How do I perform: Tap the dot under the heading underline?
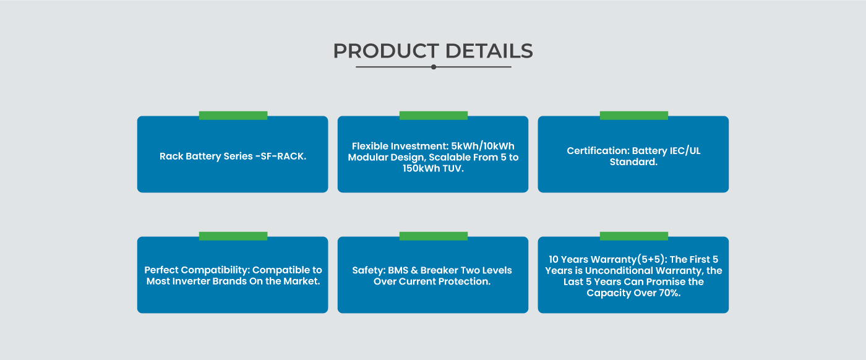(434, 67)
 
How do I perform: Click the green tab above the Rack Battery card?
(233, 116)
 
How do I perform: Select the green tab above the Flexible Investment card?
(434, 116)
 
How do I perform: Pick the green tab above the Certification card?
(634, 116)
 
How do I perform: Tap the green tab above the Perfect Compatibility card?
(233, 236)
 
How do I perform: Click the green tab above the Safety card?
(434, 236)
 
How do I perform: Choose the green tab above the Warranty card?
(634, 236)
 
